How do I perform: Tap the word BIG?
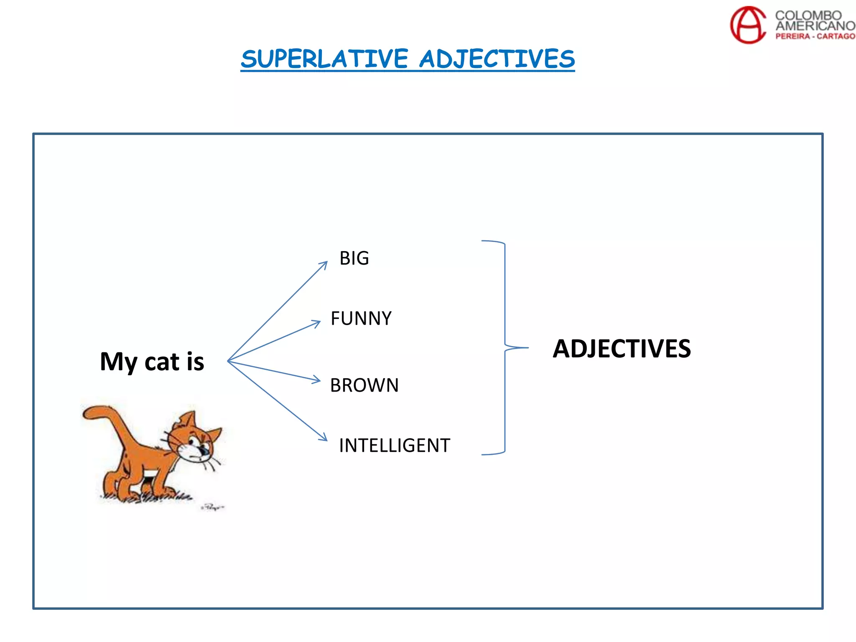(x=354, y=258)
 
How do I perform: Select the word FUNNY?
(x=361, y=318)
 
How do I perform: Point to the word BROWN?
(x=364, y=385)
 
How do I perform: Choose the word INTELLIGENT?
(x=395, y=446)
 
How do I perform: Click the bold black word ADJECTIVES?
(x=622, y=349)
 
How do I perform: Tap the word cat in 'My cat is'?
(x=162, y=362)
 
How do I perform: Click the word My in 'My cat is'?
(x=118, y=362)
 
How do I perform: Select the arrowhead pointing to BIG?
(x=324, y=264)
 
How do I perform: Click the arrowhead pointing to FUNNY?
(x=317, y=323)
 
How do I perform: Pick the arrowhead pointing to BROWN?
(x=317, y=380)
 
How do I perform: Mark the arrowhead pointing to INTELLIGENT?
(x=324, y=438)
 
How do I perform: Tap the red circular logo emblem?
(x=747, y=25)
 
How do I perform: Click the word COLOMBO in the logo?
(x=808, y=15)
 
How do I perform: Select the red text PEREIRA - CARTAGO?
(x=815, y=36)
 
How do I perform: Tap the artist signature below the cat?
(x=213, y=507)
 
